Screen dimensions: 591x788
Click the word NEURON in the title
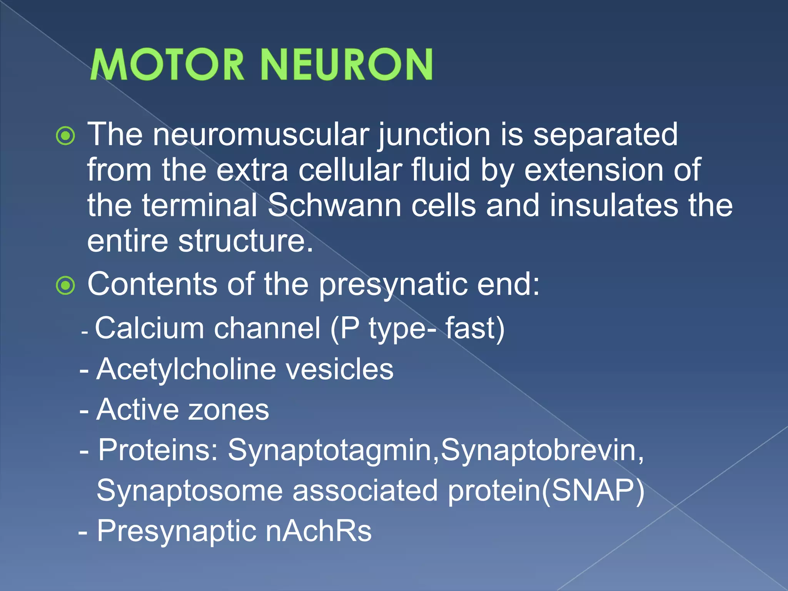347,65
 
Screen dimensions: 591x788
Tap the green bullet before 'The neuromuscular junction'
65,136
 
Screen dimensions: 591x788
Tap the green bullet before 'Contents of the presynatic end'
65,285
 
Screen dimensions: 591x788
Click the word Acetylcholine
186,369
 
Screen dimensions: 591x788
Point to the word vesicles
340,369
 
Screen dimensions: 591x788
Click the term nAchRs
319,531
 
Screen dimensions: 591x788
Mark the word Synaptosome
189,491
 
